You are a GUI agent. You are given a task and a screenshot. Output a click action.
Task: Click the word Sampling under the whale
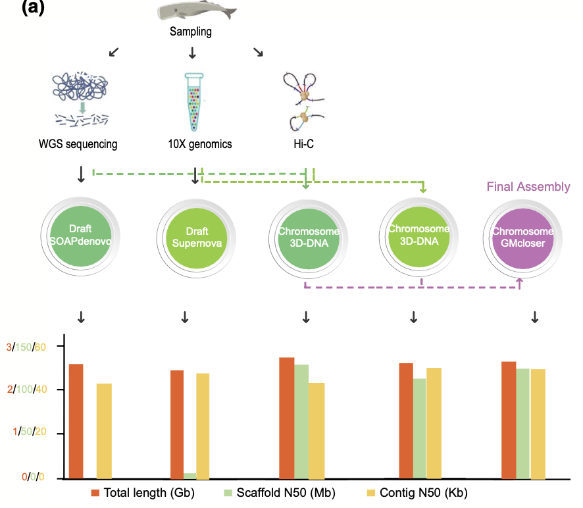[x=191, y=32]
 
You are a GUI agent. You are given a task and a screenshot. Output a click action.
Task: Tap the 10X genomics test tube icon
[x=193, y=102]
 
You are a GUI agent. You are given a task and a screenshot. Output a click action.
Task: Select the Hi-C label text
[x=305, y=144]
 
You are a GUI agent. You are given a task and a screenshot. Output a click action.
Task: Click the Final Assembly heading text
[x=528, y=187]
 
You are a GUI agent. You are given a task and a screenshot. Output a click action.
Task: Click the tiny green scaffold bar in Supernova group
[x=190, y=475]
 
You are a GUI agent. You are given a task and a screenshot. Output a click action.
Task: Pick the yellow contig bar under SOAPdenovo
[x=104, y=430]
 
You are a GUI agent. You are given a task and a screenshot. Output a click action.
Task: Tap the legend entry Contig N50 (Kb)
[x=413, y=493]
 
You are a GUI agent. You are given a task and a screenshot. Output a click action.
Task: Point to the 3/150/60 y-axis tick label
[x=26, y=347]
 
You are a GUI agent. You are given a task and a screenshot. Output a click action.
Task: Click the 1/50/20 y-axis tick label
[x=26, y=433]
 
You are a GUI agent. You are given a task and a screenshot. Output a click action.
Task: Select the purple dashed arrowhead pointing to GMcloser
[x=520, y=281]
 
